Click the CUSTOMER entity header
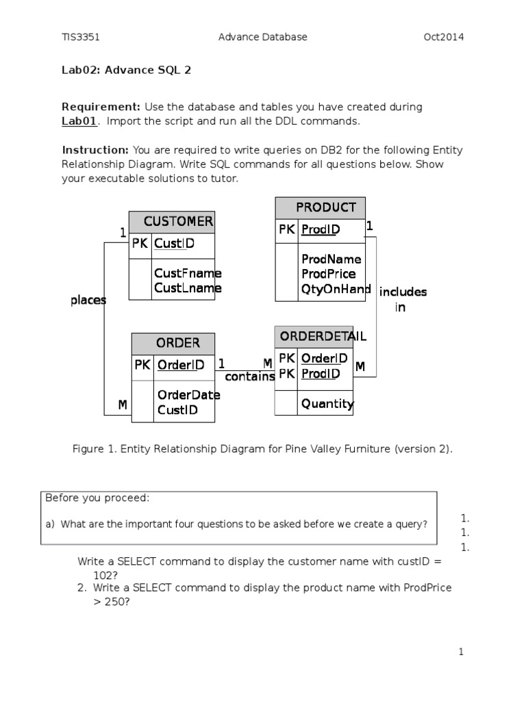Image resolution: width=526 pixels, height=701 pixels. coord(172,222)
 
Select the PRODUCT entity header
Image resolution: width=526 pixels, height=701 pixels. coord(321,207)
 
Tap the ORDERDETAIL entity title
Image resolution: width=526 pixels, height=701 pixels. coord(314,336)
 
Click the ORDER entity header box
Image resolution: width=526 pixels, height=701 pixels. coord(173,343)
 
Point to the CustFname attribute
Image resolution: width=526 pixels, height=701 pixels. coord(188,273)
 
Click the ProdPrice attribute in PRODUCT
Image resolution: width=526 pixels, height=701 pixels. coord(328,274)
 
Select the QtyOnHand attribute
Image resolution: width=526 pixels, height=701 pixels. coord(336,289)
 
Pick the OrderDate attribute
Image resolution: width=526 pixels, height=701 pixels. coord(188,395)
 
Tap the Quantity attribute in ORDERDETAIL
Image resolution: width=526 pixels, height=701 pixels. coord(327,404)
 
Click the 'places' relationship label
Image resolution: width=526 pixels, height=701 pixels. coord(88,301)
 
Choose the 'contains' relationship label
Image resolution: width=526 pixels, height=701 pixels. coord(250,377)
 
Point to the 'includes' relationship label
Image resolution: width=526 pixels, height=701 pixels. coord(403,292)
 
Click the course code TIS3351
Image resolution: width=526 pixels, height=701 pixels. coord(81,38)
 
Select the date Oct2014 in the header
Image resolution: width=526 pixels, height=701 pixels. coord(444,38)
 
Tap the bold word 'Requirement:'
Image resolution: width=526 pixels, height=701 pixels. coord(101,107)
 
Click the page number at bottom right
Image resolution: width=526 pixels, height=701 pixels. coord(462,652)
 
